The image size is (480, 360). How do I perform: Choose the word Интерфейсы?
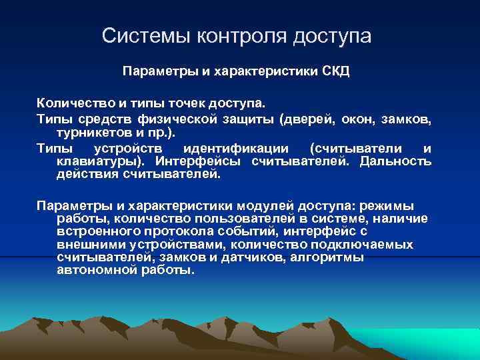(x=199, y=161)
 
